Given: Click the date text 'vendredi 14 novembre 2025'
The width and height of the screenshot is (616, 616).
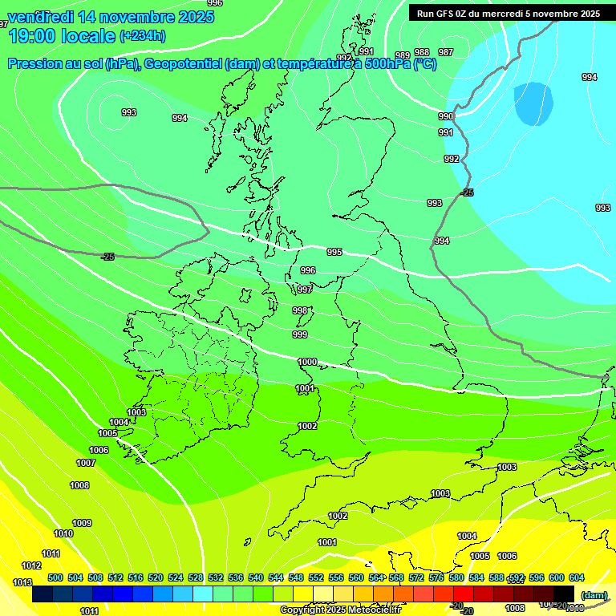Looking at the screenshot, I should [111, 17].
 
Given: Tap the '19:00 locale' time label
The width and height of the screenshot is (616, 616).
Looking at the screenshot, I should [61, 35].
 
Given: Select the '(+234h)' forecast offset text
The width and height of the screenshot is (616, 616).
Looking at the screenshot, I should [143, 36].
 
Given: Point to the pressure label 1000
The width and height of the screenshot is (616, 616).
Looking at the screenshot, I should [307, 362].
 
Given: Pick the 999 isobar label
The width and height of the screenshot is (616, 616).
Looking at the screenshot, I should [300, 334].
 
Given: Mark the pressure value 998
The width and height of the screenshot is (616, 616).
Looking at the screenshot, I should [300, 310].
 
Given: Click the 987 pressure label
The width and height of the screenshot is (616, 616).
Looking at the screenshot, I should [446, 52].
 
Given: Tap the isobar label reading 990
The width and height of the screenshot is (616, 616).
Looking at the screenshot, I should [446, 116].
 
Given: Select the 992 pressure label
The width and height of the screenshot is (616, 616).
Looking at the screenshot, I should [452, 159].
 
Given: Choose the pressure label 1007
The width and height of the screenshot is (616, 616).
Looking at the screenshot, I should [86, 463].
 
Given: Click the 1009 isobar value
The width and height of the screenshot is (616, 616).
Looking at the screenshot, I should [82, 523].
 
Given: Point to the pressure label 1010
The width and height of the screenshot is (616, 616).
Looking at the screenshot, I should [63, 533].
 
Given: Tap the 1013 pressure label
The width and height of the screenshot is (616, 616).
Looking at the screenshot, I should [22, 582].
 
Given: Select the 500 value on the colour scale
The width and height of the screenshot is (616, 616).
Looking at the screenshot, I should [55, 577].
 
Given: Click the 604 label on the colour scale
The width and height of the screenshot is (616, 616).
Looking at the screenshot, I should [576, 577].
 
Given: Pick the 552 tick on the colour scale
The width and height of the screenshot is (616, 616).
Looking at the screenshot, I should [316, 577].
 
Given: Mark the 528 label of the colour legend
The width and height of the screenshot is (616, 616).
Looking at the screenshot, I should [196, 577].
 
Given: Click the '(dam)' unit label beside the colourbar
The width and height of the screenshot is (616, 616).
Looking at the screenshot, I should [594, 594].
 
